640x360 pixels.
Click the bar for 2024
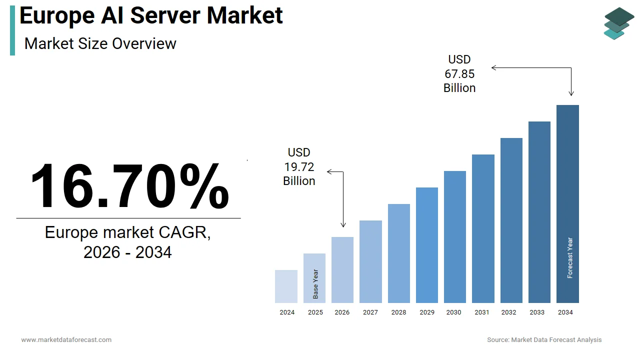[286, 286]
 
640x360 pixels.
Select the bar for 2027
[370, 261]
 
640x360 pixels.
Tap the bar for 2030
[454, 237]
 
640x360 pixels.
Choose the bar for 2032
[511, 220]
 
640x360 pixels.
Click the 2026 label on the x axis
[342, 312]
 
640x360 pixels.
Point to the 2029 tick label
[427, 312]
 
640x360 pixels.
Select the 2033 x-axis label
[537, 312]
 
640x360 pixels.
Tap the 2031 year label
[482, 312]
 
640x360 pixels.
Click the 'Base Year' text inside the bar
[315, 284]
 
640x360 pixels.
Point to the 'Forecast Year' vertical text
[570, 258]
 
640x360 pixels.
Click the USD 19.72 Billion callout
[299, 166]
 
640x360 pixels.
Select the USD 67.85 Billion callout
[459, 74]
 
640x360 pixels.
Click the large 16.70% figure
[129, 186]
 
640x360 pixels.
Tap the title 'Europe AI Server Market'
[151, 15]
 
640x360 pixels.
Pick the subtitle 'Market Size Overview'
[100, 43]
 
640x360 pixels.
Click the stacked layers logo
[618, 23]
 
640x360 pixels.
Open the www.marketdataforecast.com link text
[66, 340]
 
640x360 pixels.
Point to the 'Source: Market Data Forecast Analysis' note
[544, 340]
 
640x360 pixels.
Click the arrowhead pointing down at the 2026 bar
[343, 225]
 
